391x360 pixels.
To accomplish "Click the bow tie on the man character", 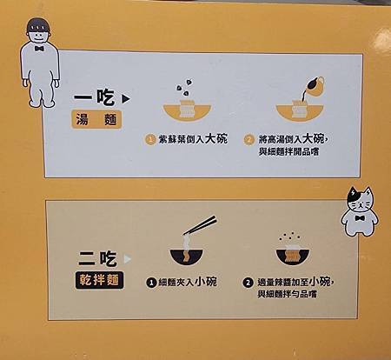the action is coord(39,48).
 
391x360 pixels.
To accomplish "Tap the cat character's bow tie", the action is coord(360,218).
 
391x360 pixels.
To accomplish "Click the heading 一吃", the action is coord(95,97).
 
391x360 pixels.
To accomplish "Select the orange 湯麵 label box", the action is coord(96,119).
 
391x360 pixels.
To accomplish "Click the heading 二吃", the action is coord(97,258).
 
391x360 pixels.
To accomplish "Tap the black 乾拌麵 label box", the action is coord(99,280).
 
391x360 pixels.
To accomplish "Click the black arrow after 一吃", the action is coord(126,99).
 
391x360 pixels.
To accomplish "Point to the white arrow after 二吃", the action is coord(127,259).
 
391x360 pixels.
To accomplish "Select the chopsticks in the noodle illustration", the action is coord(200,225).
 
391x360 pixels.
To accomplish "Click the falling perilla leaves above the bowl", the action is coord(184,87).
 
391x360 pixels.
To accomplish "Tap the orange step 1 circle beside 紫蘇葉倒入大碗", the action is coord(150,140).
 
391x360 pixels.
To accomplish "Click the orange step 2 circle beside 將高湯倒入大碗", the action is coord(249,140).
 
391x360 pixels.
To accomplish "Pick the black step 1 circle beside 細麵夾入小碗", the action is coord(151,283).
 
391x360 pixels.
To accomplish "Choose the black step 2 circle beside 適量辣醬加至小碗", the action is coord(248,283).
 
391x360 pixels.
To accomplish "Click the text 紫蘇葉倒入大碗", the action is coord(193,139).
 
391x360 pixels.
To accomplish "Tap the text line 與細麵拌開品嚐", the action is coord(288,151).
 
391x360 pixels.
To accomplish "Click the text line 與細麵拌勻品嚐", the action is coord(287,294).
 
